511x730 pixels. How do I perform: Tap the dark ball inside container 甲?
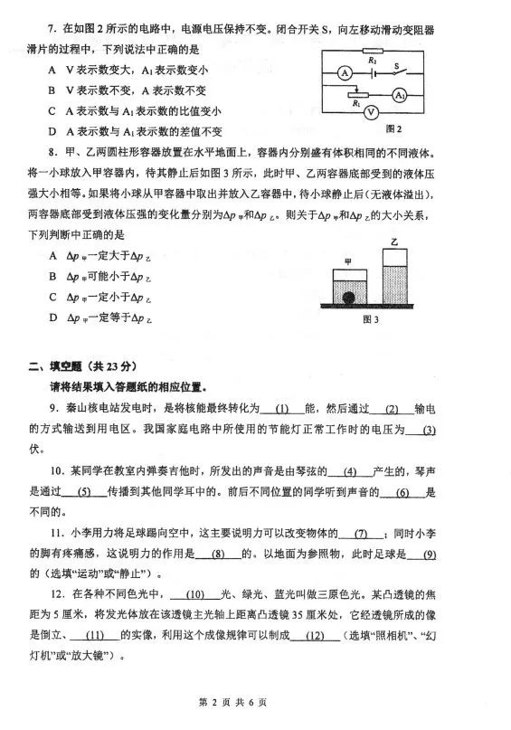(347, 297)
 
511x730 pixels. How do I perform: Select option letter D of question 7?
(54, 131)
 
